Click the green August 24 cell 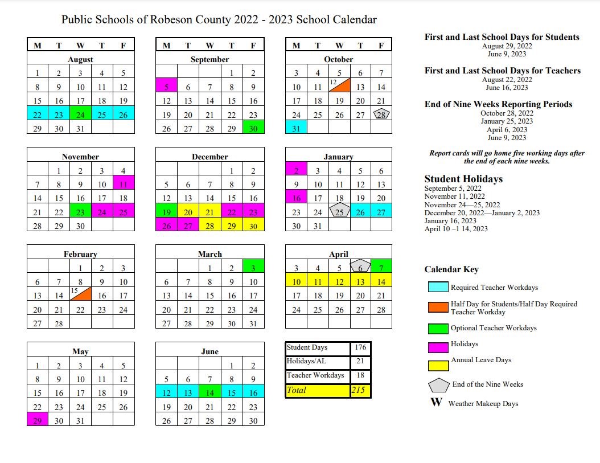81,115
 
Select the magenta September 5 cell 166,87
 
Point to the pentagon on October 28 381,114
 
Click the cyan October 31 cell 296,128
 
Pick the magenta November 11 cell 124,184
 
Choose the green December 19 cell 166,212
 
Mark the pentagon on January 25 339,212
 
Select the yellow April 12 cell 339,281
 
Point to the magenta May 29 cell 38,421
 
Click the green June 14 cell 209,393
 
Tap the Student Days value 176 360,348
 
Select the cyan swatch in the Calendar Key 437,288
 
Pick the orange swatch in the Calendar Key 437,308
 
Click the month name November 80,157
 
